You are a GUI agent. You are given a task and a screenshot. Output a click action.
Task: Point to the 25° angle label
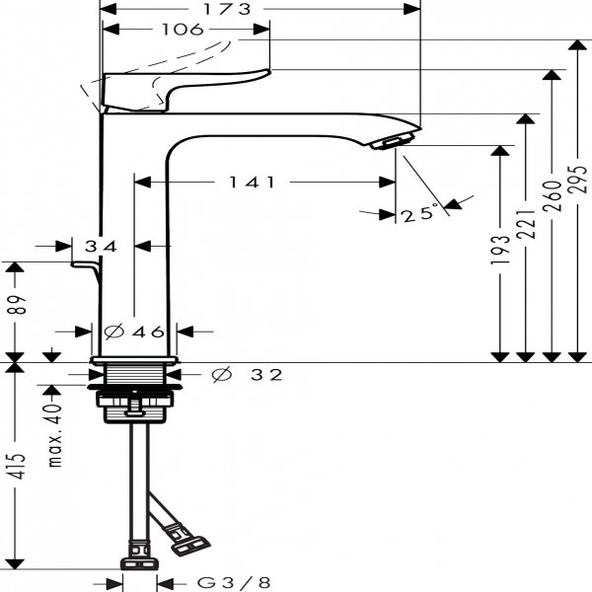pyautogui.click(x=419, y=212)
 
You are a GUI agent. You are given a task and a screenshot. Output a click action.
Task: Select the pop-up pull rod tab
pyautogui.click(x=84, y=265)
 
